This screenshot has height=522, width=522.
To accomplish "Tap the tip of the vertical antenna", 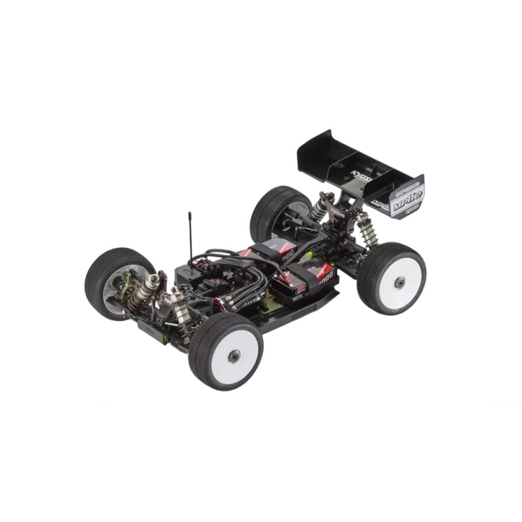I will (x=190, y=213).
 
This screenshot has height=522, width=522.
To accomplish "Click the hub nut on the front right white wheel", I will (x=234, y=355).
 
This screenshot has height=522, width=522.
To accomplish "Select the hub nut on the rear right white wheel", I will (x=399, y=281).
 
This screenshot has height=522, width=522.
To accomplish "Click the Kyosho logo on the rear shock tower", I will (x=337, y=213).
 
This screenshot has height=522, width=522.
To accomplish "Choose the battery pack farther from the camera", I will (x=269, y=251).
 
